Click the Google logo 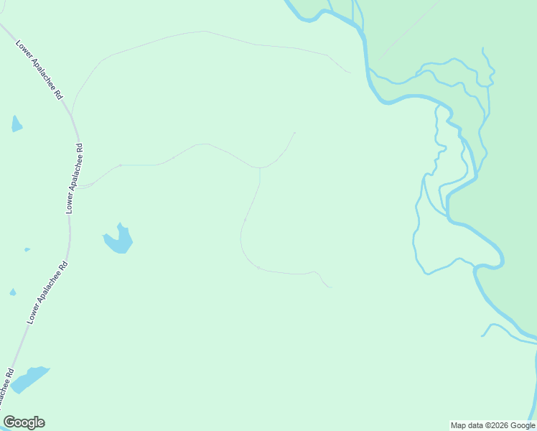(x=24, y=422)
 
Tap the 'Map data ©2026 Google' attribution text (x=492, y=425)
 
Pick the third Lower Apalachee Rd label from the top (x=47, y=292)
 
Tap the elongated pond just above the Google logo (x=29, y=379)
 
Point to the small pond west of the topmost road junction (x=16, y=124)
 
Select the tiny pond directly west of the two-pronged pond (x=27, y=250)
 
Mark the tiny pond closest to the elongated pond (x=12, y=292)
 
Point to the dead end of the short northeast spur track (x=294, y=133)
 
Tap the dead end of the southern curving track (x=330, y=287)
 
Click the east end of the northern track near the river (x=350, y=72)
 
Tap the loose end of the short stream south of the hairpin (x=482, y=335)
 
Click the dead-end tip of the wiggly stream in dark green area (x=483, y=49)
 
